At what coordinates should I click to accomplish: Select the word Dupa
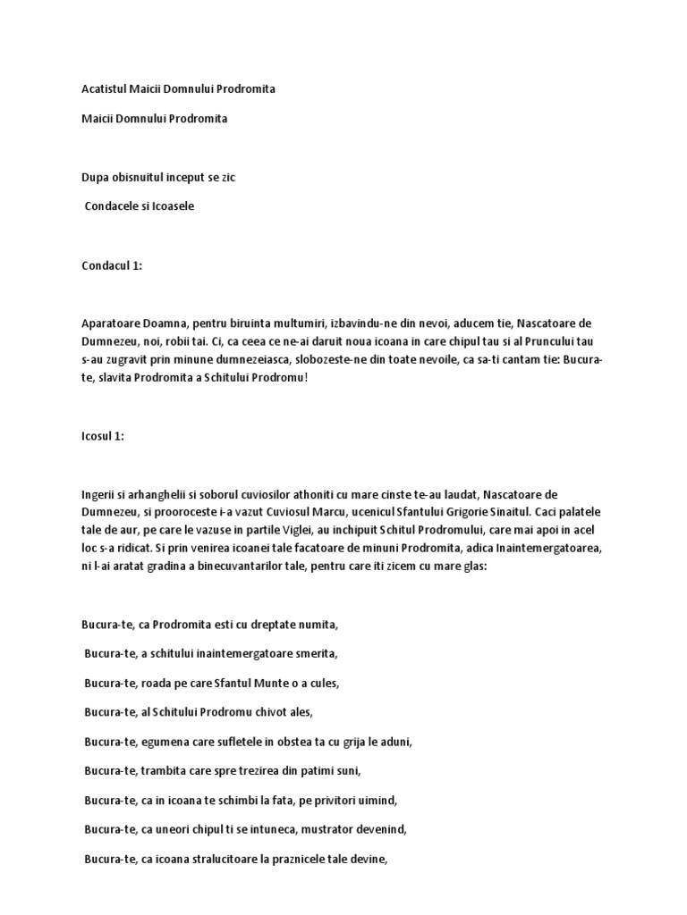tap(96, 178)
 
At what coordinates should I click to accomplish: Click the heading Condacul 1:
tap(112, 265)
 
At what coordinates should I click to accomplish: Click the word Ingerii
tap(98, 495)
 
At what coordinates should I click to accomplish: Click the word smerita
tap(313, 654)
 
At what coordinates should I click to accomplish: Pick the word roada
tap(157, 684)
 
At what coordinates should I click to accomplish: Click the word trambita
tap(166, 771)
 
